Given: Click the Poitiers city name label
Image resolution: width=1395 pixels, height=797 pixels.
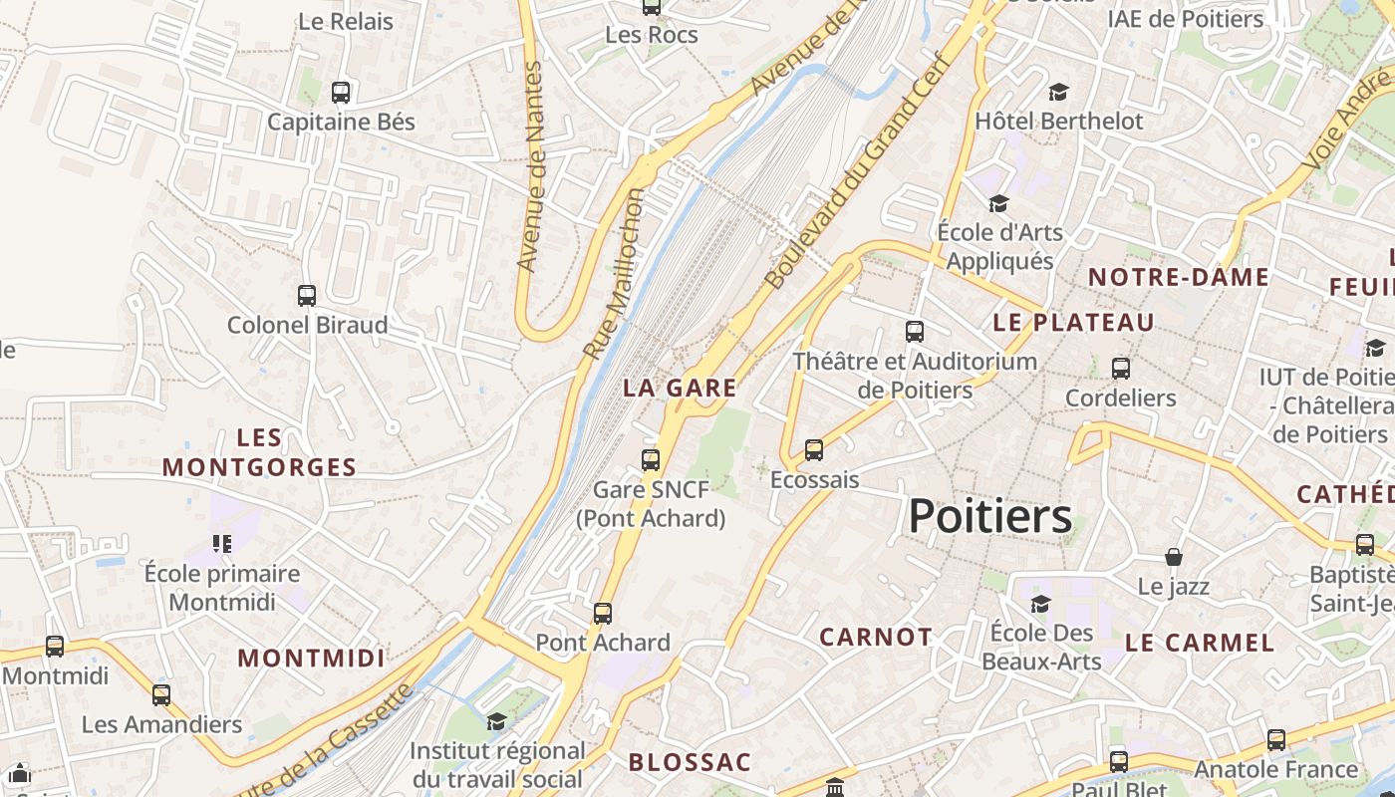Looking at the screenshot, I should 990,516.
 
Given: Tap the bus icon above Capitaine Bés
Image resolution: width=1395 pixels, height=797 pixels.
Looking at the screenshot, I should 341,93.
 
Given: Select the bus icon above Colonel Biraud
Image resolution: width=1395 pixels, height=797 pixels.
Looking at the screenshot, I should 307,296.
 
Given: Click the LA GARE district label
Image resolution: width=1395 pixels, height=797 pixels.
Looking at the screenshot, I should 681,389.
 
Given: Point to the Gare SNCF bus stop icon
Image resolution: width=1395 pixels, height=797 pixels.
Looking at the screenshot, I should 651,459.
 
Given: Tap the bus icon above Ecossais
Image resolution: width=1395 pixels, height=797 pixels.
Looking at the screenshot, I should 814,450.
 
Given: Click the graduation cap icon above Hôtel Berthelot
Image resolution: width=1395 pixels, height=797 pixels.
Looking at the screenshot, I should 1058,93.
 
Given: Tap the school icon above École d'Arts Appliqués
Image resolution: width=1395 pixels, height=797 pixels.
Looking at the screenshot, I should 998,204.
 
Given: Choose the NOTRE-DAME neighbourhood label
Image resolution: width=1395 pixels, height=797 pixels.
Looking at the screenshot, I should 1178,277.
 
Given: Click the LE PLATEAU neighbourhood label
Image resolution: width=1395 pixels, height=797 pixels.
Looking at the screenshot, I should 1073,322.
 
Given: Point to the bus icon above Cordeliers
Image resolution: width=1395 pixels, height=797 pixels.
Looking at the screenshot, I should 1121,369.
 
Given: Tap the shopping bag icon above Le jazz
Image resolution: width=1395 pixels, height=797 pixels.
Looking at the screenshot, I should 1174,557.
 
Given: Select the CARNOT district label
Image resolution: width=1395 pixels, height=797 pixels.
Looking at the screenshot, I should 876,637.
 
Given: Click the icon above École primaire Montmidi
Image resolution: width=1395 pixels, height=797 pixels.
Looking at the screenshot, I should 222,543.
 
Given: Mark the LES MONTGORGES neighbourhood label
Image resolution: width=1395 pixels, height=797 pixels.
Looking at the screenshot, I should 259,452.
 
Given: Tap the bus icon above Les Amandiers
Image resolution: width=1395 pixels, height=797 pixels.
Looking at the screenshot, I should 161,694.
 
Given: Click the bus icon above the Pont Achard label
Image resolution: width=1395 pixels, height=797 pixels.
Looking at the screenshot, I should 603,613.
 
